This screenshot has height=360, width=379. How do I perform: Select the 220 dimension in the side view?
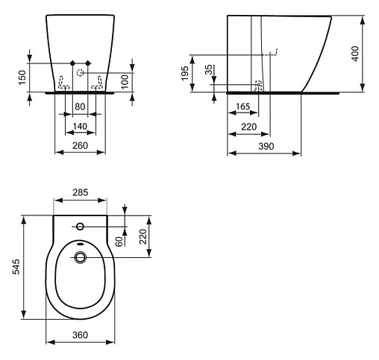point(249,127)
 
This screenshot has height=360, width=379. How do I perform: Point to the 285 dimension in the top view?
point(81,193)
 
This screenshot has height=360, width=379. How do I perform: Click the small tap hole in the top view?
point(80,225)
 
